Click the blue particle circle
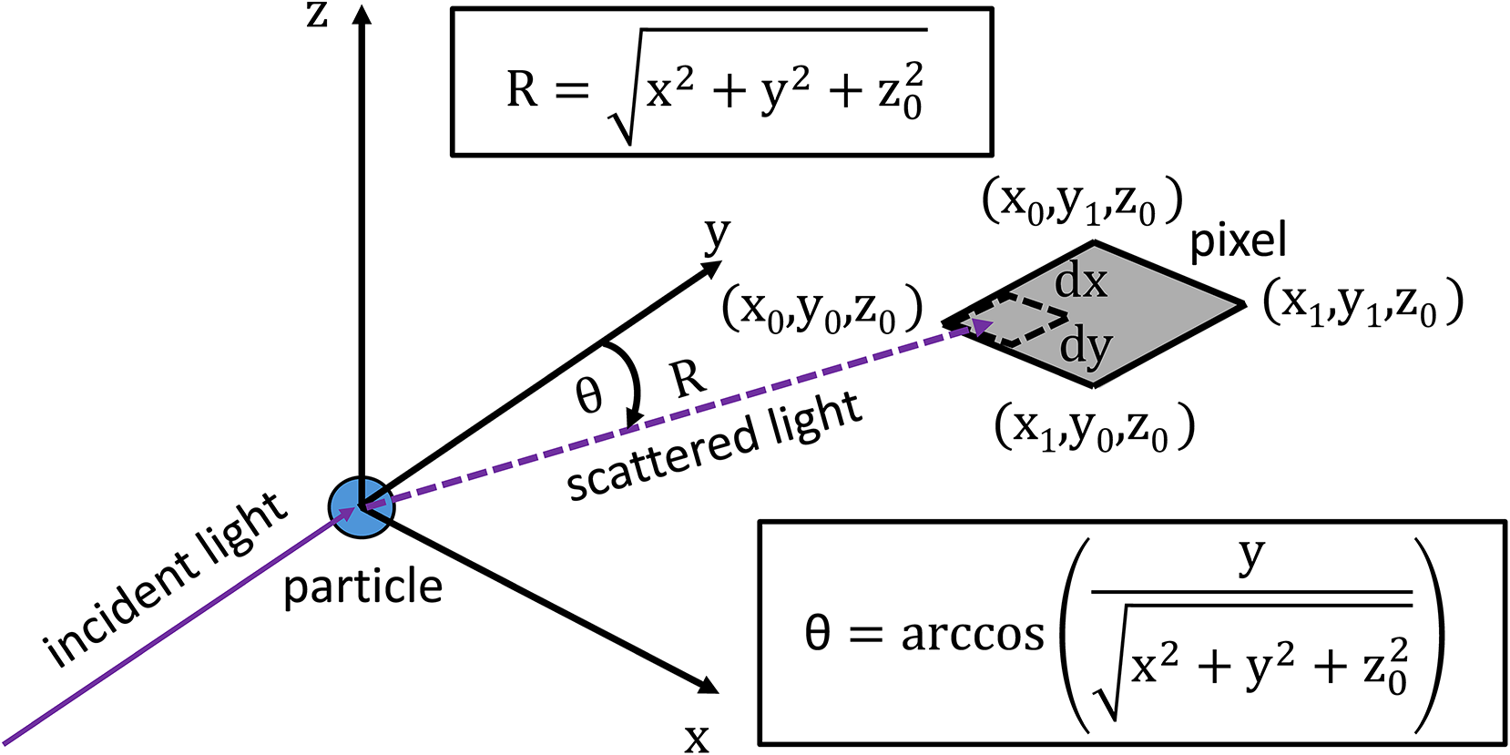(x=362, y=507)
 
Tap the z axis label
(x=317, y=15)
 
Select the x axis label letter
(x=697, y=737)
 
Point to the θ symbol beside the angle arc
(x=589, y=396)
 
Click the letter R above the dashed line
(x=689, y=377)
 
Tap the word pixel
(x=1238, y=241)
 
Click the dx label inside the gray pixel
(x=1081, y=281)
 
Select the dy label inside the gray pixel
(x=1086, y=347)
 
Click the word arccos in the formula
(x=973, y=634)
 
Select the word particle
(x=362, y=587)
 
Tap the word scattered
(x=660, y=458)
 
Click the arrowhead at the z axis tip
(x=362, y=14)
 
